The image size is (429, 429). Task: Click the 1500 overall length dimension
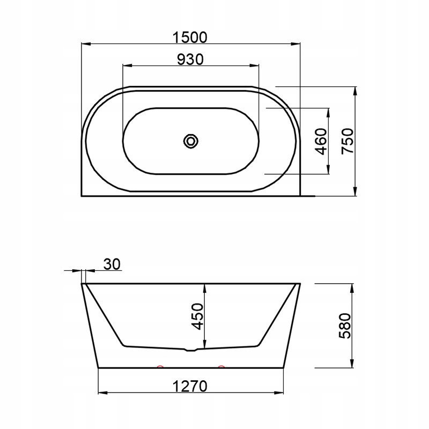click(190, 38)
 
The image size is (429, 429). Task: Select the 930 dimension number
click(190, 60)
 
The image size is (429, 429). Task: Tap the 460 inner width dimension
click(321, 141)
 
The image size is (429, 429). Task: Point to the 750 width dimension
click(347, 141)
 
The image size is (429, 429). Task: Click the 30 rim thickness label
click(112, 264)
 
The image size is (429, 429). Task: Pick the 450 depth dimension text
click(197, 316)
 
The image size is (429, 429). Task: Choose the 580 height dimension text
click(345, 326)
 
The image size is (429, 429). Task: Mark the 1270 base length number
click(190, 386)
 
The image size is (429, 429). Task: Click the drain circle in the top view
click(191, 141)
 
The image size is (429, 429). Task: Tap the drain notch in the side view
click(191, 350)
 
